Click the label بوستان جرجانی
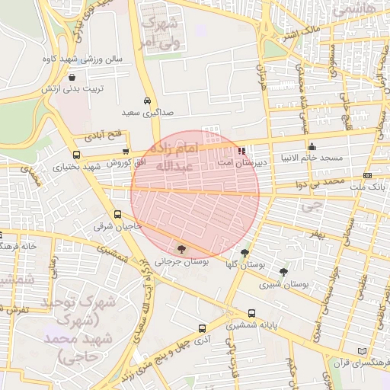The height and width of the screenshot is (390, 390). click(181, 261)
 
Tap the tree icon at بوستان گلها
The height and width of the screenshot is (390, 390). click(245, 254)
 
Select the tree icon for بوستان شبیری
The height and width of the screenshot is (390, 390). click(283, 272)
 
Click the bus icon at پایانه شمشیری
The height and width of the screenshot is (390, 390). click(251, 312)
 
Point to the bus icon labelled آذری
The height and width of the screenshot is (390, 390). click(202, 329)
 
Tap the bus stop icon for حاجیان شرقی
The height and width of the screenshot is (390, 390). click(118, 215)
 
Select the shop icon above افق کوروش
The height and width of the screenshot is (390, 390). click(126, 152)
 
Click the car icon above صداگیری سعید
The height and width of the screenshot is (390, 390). click(146, 101)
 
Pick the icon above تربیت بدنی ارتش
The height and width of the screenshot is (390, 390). click(72, 78)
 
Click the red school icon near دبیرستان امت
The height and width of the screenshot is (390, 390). click(241, 151)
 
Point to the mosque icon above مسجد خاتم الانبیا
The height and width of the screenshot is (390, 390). click(311, 147)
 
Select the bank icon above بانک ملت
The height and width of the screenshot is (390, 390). click(368, 175)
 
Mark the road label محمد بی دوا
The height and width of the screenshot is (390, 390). click(320, 184)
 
